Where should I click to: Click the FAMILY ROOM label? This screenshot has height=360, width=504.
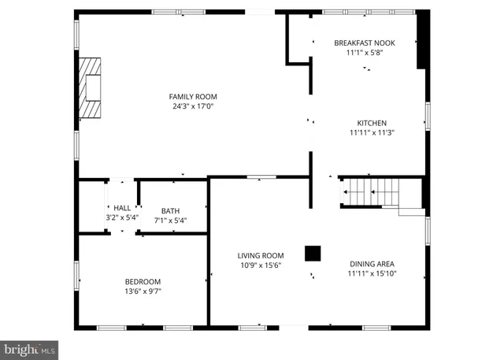click(x=192, y=96)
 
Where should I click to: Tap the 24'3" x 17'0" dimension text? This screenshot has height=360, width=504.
click(x=192, y=106)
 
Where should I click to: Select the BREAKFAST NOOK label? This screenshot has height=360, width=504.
click(x=364, y=43)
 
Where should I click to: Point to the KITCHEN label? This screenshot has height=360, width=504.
click(x=372, y=123)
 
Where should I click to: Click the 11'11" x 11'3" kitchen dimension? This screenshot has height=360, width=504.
click(x=372, y=133)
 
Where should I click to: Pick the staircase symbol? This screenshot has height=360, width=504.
click(x=370, y=192)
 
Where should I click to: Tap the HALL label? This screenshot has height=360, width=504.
click(x=122, y=208)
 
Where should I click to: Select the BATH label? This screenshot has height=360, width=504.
click(x=170, y=210)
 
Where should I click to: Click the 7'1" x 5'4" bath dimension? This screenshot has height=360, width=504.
click(x=170, y=221)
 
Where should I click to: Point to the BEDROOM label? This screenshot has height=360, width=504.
click(x=143, y=281)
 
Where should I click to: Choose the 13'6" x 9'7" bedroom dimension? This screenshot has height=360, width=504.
click(x=143, y=291)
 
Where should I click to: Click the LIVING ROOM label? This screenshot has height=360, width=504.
click(x=261, y=255)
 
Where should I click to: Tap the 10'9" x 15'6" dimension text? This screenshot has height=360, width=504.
click(x=261, y=265)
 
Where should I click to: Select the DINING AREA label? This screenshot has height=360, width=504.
click(x=372, y=264)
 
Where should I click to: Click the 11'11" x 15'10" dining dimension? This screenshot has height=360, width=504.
click(x=372, y=274)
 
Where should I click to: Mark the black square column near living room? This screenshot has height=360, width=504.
click(x=313, y=253)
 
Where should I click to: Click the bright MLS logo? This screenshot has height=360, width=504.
click(x=29, y=347)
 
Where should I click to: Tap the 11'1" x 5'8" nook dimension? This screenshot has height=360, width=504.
click(x=364, y=53)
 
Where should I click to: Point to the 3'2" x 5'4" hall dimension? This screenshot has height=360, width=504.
click(x=122, y=217)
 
